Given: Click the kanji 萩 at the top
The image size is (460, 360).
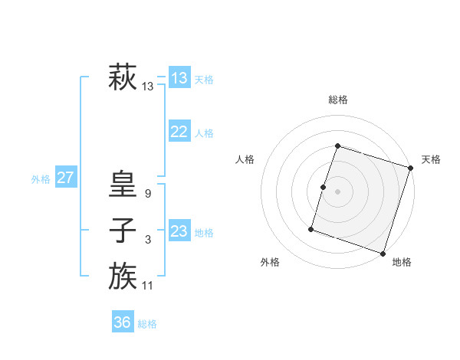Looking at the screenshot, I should [x=123, y=77].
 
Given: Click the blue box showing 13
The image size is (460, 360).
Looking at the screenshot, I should [x=179, y=77].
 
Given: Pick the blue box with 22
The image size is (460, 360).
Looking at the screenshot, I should [x=179, y=132].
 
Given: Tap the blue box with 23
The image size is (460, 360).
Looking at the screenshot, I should [x=179, y=231].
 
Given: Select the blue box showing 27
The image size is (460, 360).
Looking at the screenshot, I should [x=66, y=178].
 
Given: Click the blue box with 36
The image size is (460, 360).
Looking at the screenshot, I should [x=123, y=322].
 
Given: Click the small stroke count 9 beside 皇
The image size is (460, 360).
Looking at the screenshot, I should [x=148, y=195].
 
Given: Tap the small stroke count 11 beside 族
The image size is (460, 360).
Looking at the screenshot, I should [x=148, y=286].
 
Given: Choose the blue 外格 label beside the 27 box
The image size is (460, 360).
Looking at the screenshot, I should [x=41, y=179].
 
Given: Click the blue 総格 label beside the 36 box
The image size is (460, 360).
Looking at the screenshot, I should [x=147, y=324].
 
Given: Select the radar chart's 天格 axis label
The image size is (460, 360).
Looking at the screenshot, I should [x=431, y=159].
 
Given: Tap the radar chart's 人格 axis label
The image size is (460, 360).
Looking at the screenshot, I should [x=245, y=159].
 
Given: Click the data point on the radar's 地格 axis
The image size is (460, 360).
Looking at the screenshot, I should [x=383, y=254].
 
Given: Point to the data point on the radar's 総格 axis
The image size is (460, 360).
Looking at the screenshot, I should [x=337, y=146].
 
